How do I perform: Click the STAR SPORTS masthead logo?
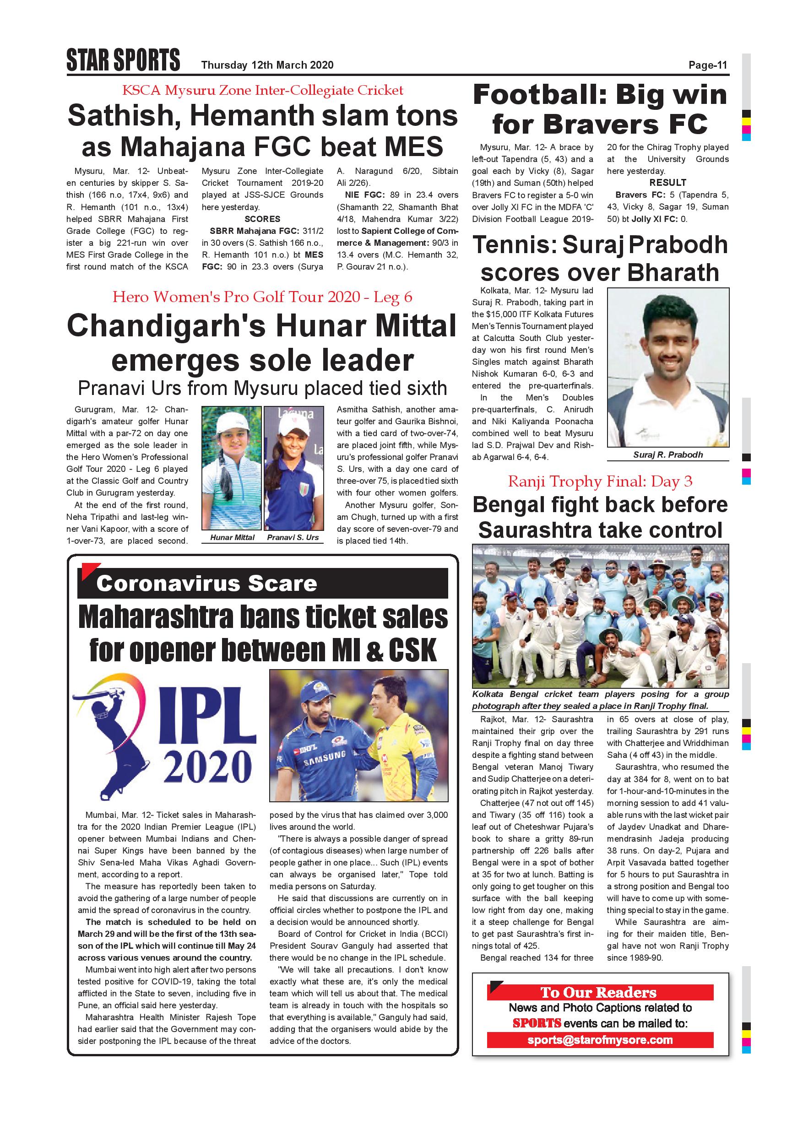tap(123, 60)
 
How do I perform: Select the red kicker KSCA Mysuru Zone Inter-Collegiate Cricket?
tap(263, 91)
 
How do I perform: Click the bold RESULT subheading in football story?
tap(667, 183)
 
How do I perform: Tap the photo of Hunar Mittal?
tap(231, 468)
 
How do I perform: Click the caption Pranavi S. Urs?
tap(293, 537)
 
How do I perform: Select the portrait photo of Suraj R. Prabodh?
tap(667, 368)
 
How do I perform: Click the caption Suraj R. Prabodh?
tap(667, 455)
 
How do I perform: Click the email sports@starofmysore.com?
tap(600, 1040)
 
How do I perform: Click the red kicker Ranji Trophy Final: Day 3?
tap(600, 481)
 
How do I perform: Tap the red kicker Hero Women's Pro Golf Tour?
tap(262, 297)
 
